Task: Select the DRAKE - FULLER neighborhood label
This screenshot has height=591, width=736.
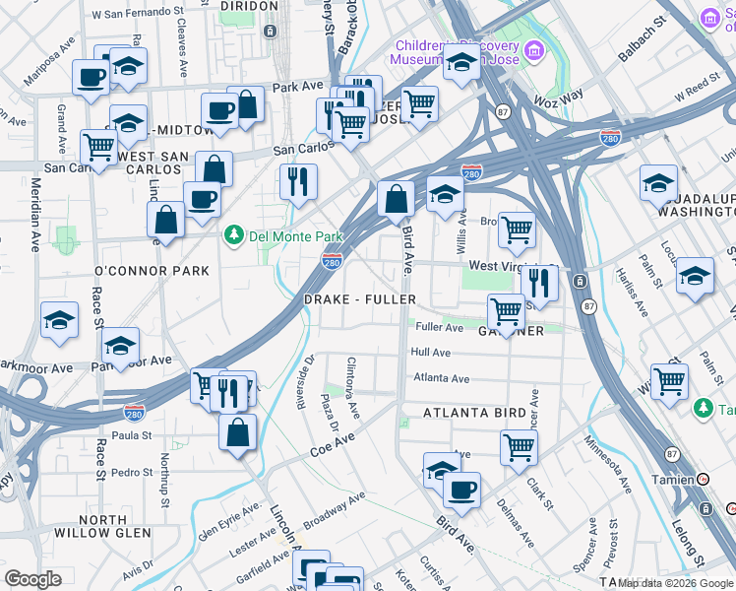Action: (359, 298)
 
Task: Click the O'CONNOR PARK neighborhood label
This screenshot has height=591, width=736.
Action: (152, 270)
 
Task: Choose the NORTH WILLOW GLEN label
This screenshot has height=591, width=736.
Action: (116, 527)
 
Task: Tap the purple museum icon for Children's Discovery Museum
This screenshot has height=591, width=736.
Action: (533, 49)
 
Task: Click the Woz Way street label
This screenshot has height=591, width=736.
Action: (558, 98)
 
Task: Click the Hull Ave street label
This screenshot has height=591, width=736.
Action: (431, 352)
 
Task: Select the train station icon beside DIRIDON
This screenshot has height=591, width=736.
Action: (270, 32)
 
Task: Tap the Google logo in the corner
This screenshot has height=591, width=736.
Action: (33, 579)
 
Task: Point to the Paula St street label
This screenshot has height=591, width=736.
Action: (131, 434)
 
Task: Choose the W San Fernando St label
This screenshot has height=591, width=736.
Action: (138, 16)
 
